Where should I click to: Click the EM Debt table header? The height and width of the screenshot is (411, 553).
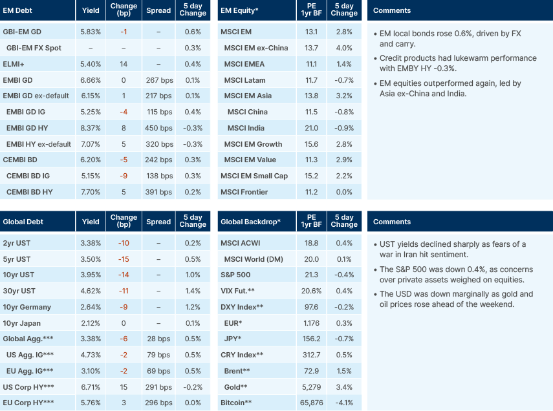(18, 10)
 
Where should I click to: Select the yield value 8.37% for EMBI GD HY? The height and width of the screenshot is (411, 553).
(91, 128)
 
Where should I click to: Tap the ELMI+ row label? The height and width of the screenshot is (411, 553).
(14, 64)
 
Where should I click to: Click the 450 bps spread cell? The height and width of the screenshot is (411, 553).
(158, 128)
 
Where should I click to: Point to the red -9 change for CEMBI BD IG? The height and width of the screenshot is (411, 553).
(123, 176)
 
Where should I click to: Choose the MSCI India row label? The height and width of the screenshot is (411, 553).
(246, 128)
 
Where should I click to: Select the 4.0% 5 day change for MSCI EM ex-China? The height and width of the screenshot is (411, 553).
(344, 48)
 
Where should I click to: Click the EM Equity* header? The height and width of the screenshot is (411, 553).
(240, 10)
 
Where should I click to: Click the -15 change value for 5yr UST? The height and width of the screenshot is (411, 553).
(123, 259)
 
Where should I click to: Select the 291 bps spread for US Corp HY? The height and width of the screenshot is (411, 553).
(158, 387)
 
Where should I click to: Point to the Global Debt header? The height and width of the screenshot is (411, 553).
(23, 222)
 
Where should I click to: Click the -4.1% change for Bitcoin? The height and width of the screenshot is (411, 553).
(344, 403)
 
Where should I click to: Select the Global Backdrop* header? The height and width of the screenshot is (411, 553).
(250, 222)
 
